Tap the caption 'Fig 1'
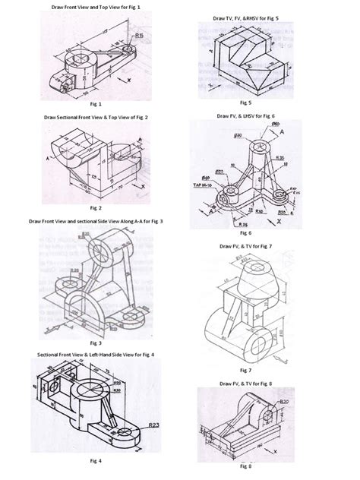coord(95,102)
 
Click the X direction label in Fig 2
coord(142,185)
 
